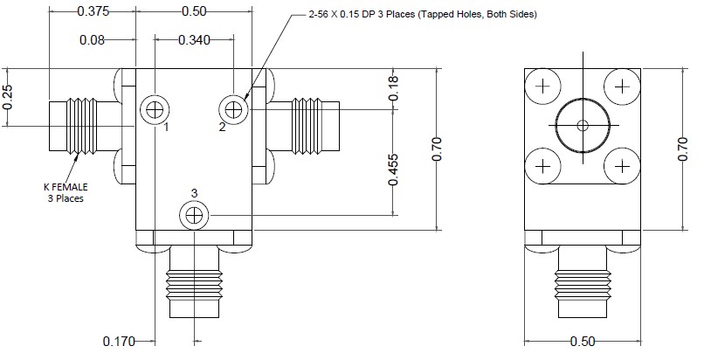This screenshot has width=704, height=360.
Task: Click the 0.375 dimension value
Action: [93, 11]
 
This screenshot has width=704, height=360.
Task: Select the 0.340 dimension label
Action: [194, 40]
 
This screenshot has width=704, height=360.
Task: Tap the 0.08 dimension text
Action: [92, 40]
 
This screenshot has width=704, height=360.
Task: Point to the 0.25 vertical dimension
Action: [8, 97]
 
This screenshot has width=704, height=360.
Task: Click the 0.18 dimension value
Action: [392, 88]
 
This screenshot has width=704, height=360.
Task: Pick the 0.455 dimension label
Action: [392, 170]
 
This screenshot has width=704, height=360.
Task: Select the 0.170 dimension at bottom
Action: [119, 342]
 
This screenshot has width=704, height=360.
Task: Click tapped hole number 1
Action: [155, 109]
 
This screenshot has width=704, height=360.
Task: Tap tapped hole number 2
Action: [233, 109]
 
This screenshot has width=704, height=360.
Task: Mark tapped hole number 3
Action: [194, 216]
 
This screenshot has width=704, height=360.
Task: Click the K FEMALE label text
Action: [66, 187]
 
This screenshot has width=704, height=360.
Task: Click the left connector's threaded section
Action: [82, 127]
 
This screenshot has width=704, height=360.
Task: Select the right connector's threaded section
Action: [307, 127]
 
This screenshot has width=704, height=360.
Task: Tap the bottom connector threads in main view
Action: [194, 284]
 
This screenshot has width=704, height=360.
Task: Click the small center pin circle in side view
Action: [583, 126]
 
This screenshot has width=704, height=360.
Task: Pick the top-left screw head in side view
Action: [542, 86]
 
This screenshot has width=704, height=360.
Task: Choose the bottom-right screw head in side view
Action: [622, 167]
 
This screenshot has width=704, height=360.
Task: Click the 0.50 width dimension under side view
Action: [583, 342]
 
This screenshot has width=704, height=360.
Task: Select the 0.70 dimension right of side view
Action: [683, 149]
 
